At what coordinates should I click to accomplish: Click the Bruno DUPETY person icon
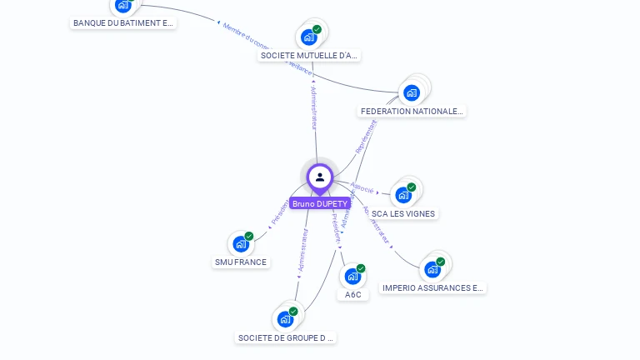tap(319, 177)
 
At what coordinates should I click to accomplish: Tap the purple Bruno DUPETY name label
tap(319, 203)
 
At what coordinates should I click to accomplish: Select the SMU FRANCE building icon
tap(241, 244)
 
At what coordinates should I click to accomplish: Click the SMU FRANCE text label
tap(241, 262)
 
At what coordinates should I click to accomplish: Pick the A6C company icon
tap(352, 277)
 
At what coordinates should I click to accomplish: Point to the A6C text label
tap(353, 294)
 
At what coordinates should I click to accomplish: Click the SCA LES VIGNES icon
tap(403, 195)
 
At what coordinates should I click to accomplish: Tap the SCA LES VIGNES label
tap(403, 213)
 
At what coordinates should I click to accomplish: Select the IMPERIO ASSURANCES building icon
tap(432, 269)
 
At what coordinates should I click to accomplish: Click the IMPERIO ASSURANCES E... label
tap(432, 287)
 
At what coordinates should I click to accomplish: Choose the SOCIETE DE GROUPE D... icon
tap(285, 319)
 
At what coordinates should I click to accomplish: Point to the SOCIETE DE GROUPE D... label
tap(286, 337)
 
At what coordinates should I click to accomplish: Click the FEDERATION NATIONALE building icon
tap(411, 92)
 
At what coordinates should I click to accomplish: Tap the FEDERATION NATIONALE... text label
tap(412, 111)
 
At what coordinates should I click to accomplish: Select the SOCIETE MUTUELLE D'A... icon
tap(308, 37)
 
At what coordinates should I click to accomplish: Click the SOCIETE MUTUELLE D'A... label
tap(309, 55)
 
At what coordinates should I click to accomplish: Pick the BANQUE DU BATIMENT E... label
tap(123, 22)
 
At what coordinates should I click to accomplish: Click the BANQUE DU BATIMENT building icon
tap(123, 5)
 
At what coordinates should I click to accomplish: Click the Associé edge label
tap(362, 188)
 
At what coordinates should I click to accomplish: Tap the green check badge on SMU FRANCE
tap(248, 237)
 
